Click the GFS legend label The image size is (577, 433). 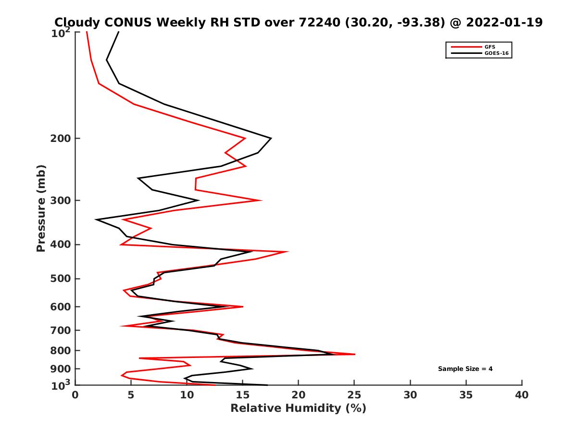(490, 47)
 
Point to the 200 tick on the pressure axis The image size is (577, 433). (62, 139)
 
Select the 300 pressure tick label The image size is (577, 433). (62, 200)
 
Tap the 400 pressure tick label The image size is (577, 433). (62, 244)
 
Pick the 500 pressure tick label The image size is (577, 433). (62, 279)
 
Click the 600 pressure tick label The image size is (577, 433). (62, 306)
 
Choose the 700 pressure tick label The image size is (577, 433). (62, 330)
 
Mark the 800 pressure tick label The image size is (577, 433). (62, 350)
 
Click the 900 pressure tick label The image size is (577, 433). (62, 369)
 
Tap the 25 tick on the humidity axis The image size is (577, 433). (354, 395)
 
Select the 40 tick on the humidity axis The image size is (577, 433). (522, 395)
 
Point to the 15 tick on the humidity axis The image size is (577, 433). (242, 395)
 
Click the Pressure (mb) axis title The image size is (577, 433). (41, 208)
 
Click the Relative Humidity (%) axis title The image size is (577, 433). (298, 408)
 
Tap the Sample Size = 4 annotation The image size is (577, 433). (465, 369)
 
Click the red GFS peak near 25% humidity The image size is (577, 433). (354, 354)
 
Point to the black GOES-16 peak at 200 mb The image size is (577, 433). (271, 139)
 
